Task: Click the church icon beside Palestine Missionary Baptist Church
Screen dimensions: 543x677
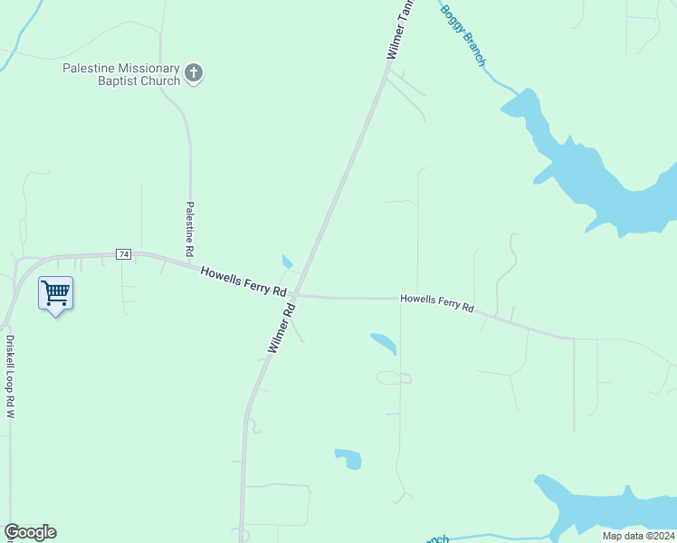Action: (x=193, y=73)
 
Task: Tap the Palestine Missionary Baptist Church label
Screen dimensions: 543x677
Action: (x=121, y=74)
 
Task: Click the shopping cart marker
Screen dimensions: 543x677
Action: (x=56, y=293)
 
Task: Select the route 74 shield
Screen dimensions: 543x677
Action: (x=124, y=254)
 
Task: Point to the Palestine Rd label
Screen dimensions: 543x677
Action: (x=190, y=228)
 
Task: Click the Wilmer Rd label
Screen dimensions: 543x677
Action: (x=281, y=328)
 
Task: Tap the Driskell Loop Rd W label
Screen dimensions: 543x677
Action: (x=11, y=376)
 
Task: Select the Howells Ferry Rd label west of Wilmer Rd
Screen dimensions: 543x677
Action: (x=243, y=281)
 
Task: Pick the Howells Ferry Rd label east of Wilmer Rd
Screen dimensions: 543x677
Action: (x=437, y=302)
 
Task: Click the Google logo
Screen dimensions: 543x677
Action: (x=30, y=532)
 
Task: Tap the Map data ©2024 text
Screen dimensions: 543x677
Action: (x=638, y=536)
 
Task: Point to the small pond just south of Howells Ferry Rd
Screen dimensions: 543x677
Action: (x=384, y=343)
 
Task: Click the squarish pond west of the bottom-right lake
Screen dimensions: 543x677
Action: (x=348, y=459)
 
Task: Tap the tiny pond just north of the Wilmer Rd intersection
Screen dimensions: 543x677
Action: (x=287, y=262)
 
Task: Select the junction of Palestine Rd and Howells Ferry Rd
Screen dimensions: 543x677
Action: (x=192, y=265)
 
